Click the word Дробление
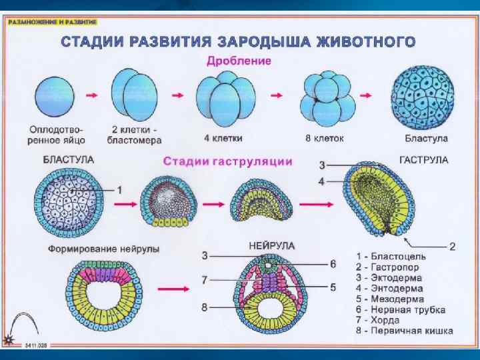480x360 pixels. click(239, 61)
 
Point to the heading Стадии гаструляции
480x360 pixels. click(228, 161)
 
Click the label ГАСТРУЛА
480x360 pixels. click(423, 160)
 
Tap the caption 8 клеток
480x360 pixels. click(323, 139)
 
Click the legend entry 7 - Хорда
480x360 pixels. click(381, 320)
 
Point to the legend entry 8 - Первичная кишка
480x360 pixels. click(404, 331)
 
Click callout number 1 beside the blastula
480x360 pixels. click(119, 189)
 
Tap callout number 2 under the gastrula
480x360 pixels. click(452, 246)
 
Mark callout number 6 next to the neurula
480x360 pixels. click(333, 263)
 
